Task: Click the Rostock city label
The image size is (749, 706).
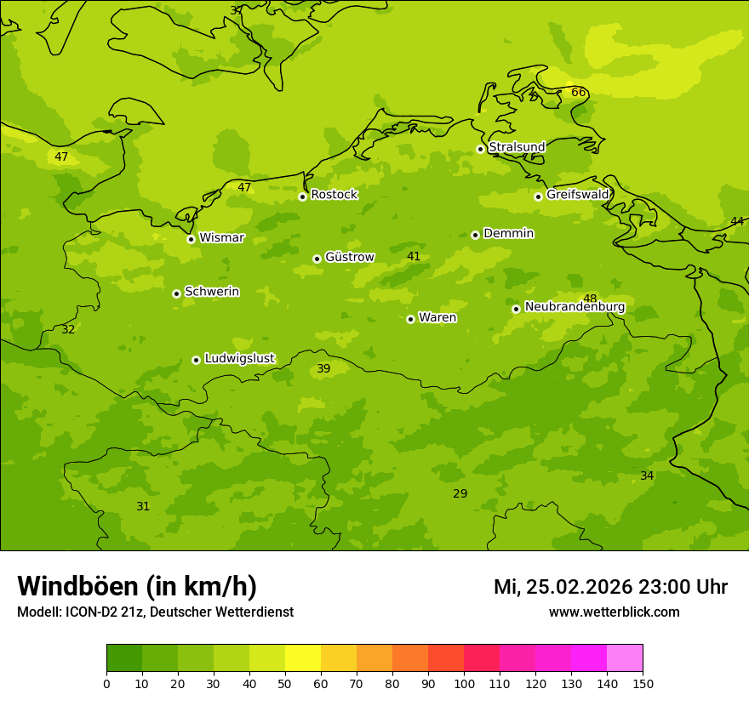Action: coord(334,195)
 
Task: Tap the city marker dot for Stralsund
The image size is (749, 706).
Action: coord(480,149)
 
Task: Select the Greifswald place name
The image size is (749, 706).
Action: coord(577,195)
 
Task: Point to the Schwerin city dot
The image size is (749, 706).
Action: coord(176,293)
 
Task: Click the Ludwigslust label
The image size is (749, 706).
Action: coord(239,359)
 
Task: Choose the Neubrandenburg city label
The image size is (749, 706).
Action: coord(575,307)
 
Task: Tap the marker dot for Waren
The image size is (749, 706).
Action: coord(410,319)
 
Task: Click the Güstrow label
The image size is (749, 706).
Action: coord(349,257)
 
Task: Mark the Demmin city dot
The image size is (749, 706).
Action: coord(475,235)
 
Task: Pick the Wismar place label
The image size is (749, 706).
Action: coord(221,238)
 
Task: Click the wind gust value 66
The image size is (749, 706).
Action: coord(578,93)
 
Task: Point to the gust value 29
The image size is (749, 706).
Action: coord(460,494)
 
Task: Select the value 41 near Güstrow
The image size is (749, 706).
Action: coord(414,257)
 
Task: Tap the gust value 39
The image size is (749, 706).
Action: coord(323,369)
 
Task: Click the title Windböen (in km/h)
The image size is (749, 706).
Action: coord(137,586)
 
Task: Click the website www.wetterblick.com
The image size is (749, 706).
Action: coord(614,612)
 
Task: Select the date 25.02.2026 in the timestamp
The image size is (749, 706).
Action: coord(579,587)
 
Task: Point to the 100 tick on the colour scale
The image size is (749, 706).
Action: coord(464,683)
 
